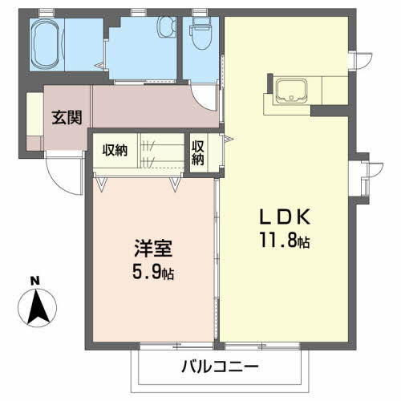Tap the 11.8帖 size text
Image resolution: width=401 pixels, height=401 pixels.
point(285,240)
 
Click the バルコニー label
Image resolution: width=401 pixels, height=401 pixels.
point(220,367)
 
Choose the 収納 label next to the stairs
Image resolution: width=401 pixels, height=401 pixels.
point(114,149)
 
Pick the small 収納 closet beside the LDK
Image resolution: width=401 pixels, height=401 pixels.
point(198,153)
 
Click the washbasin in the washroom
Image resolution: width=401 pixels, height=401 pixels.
point(166,28)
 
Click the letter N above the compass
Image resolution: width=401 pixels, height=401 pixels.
point(35,281)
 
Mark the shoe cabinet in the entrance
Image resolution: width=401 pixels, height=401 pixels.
point(34,121)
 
